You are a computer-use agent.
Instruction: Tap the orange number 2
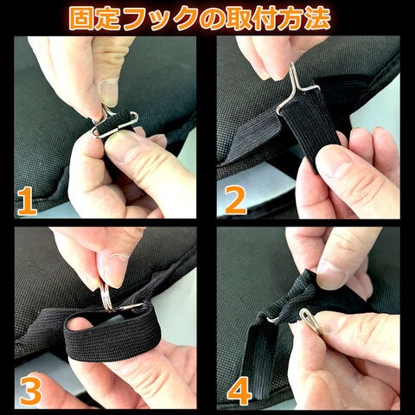pyautogui.click(x=235, y=200)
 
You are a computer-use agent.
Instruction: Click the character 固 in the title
pyautogui.click(x=82, y=19)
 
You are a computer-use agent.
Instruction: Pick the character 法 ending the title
pyautogui.click(x=316, y=19)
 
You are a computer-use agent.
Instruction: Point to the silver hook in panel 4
pyautogui.click(x=311, y=322)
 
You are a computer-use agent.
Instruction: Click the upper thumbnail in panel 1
pyautogui.click(x=108, y=92)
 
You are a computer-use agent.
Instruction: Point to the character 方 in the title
pyautogui.click(x=290, y=19)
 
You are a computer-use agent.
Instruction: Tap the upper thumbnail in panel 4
pyautogui.click(x=331, y=274)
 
